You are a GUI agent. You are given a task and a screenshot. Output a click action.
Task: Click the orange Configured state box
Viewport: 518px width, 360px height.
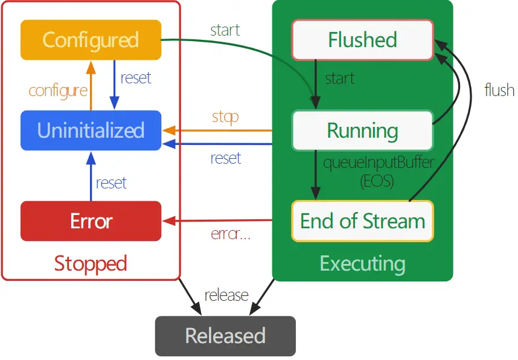pyautogui.click(x=91, y=40)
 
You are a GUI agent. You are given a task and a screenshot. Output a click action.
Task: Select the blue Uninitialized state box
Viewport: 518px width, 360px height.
pyautogui.click(x=91, y=130)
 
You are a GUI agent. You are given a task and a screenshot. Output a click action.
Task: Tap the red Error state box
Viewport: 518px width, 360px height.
pyautogui.click(x=91, y=221)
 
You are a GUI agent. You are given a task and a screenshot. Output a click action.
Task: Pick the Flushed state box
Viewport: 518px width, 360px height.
pyautogui.click(x=362, y=40)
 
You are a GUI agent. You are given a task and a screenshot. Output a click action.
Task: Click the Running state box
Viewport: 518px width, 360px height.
pyautogui.click(x=362, y=130)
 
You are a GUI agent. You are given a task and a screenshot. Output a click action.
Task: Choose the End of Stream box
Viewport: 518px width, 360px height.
pyautogui.click(x=362, y=221)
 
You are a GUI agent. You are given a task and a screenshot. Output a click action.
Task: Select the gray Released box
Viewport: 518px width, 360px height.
pyautogui.click(x=225, y=336)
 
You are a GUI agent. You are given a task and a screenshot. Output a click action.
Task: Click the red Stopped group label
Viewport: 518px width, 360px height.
pyautogui.click(x=91, y=263)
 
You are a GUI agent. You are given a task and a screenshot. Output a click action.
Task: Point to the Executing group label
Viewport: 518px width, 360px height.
pyautogui.click(x=362, y=263)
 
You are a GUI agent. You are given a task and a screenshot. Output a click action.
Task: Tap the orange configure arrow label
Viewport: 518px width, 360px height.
pyautogui.click(x=58, y=91)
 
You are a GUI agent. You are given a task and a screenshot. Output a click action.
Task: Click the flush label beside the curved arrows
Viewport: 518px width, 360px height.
pyautogui.click(x=499, y=91)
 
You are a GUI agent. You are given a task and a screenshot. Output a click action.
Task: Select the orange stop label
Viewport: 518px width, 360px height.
pyautogui.click(x=225, y=116)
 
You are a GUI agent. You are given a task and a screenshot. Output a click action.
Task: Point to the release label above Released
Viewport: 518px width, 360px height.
pyautogui.click(x=226, y=295)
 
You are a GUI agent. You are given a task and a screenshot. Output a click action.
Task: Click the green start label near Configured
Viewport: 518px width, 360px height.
pyautogui.click(x=225, y=30)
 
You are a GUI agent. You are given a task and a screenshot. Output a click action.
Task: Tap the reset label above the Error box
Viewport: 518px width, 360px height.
pyautogui.click(x=111, y=182)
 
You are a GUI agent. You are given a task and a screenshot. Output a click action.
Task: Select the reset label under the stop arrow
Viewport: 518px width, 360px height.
pyautogui.click(x=226, y=158)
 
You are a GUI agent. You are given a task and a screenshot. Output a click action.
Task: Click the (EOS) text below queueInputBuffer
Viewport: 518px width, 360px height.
pyautogui.click(x=377, y=181)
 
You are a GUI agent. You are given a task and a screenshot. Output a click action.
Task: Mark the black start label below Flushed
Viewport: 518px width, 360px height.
pyautogui.click(x=339, y=79)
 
